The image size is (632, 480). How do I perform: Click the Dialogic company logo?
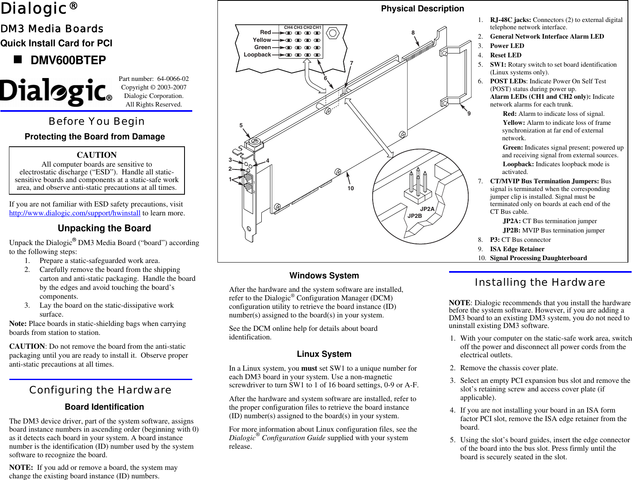(x=56, y=92)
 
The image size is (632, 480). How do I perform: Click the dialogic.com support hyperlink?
(x=75, y=213)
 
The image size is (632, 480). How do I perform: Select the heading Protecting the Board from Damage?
(x=95, y=137)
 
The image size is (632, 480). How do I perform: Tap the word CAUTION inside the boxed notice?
(x=97, y=155)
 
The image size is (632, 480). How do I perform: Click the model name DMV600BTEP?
(x=68, y=60)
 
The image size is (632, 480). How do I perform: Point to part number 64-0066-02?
(x=173, y=78)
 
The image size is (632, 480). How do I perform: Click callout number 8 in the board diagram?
(x=413, y=33)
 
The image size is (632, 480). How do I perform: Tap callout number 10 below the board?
(x=350, y=188)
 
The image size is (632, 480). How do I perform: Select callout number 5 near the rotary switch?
(x=241, y=125)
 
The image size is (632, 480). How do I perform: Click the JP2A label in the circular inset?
(x=427, y=209)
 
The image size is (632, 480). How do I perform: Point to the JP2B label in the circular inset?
(x=415, y=216)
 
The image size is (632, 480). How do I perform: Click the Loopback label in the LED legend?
(x=257, y=54)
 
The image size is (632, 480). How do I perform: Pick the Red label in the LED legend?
(x=265, y=32)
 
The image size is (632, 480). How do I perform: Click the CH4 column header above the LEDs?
(x=288, y=27)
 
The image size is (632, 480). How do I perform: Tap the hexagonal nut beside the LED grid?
(x=333, y=33)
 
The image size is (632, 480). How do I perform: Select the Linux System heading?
(x=324, y=354)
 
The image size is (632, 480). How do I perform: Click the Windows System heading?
(x=324, y=276)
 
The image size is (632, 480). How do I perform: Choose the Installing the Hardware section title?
(x=540, y=282)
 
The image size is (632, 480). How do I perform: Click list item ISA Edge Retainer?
(x=517, y=249)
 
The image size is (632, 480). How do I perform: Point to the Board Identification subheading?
(x=104, y=407)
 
